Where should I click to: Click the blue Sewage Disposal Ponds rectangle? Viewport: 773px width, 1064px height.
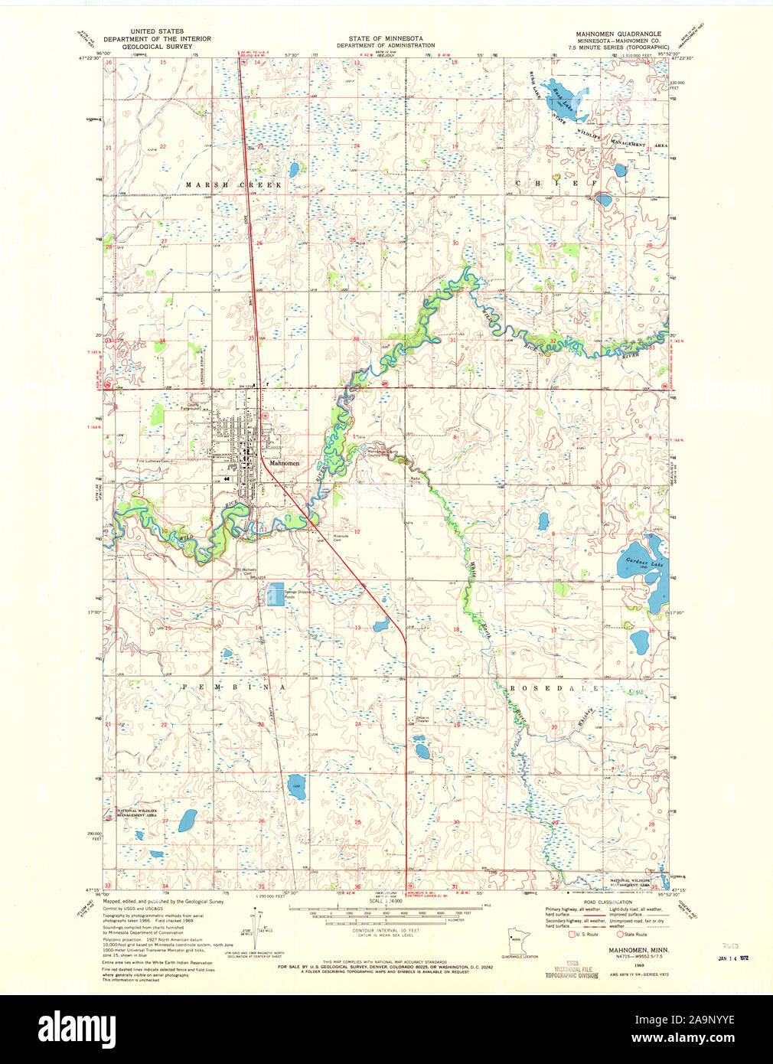pos(276,596)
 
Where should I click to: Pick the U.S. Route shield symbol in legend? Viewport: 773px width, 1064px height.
pos(571,933)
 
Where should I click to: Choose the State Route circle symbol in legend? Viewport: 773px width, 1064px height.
pos(621,933)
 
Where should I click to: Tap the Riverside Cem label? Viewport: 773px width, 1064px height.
pos(341,537)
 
